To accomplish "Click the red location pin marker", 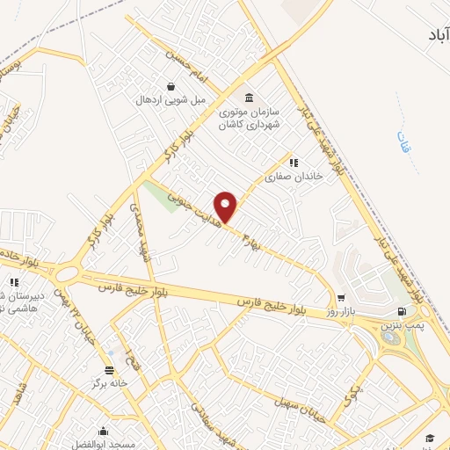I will [227, 207].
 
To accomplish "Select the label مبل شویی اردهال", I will [170, 100].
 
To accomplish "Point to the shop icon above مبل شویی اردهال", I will [170, 87].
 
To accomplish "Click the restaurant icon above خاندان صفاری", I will [294, 162].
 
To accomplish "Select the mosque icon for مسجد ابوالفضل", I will [103, 431].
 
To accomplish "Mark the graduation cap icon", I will [430, 438].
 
